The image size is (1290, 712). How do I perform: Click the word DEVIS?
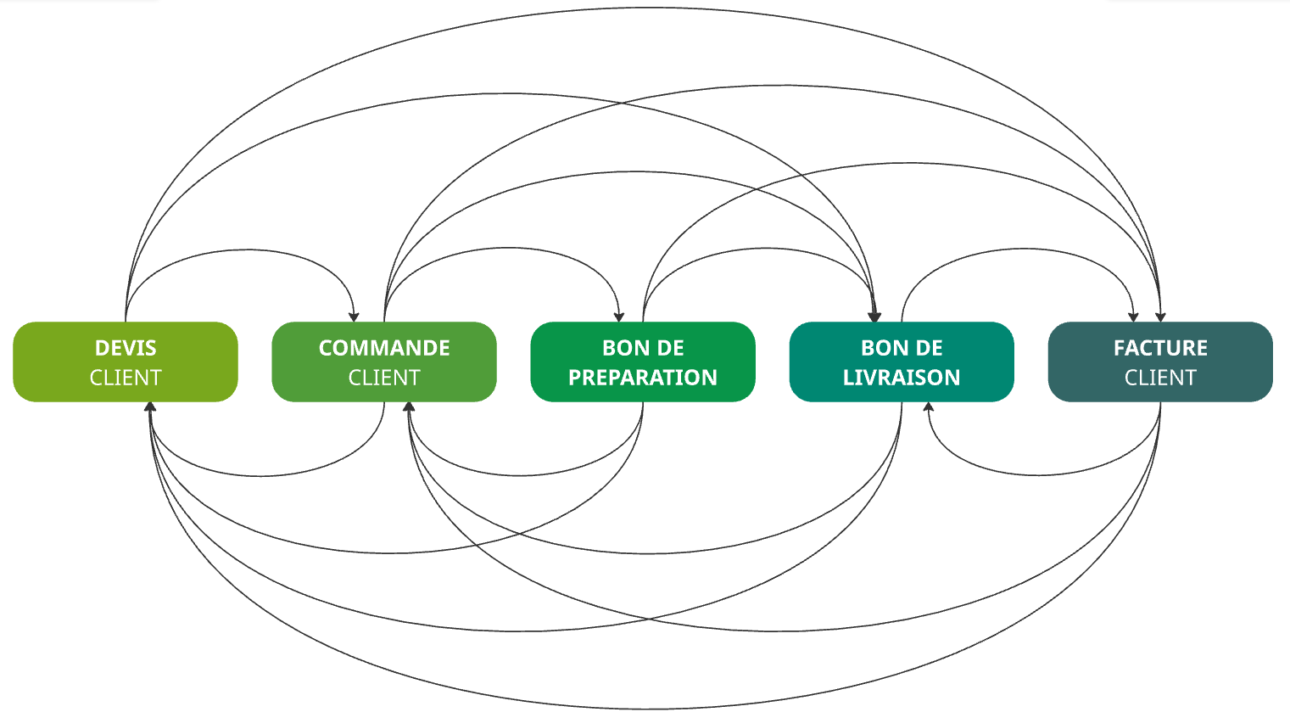click(x=126, y=348)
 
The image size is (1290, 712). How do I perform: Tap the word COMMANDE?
click(x=384, y=348)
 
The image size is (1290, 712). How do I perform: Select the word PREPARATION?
click(x=643, y=378)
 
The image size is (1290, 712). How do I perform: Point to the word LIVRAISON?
click(x=902, y=378)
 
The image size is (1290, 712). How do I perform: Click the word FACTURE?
click(x=1160, y=348)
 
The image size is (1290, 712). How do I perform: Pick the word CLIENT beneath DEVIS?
click(x=126, y=378)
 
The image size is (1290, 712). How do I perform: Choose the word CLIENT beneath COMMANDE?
click(x=384, y=378)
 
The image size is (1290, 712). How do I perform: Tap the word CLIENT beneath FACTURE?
click(x=1160, y=378)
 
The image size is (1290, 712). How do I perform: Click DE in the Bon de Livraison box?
click(x=930, y=348)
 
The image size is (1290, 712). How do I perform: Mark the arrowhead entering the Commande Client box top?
click(x=355, y=317)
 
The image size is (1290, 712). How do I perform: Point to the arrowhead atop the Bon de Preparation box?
click(x=619, y=317)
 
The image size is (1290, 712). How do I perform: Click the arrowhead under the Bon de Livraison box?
click(x=929, y=407)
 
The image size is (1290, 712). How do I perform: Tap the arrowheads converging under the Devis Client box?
click(x=150, y=407)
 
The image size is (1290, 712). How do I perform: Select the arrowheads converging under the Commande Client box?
click(x=409, y=407)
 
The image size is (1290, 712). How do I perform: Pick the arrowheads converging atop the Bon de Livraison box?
click(x=875, y=317)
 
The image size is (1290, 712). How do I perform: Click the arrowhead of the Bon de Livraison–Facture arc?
click(x=1133, y=317)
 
